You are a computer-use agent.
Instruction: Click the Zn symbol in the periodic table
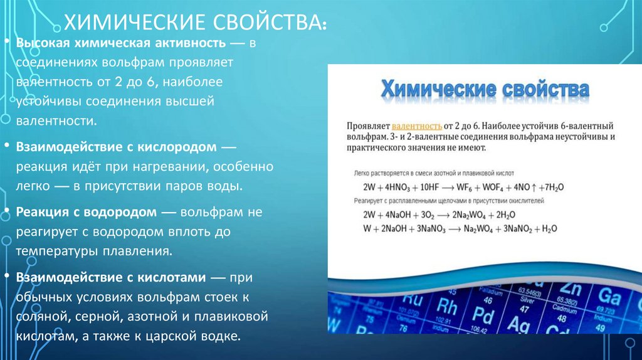[571, 289]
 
